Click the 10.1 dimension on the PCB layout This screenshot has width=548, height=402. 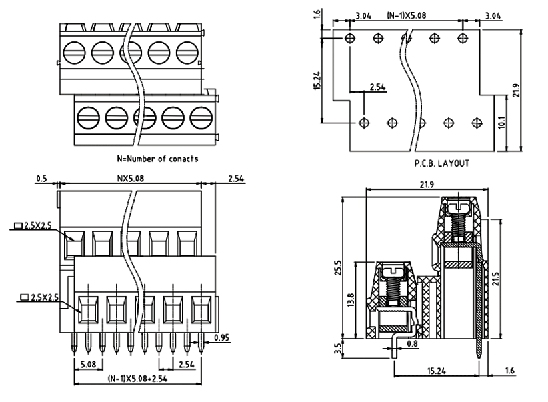tap(501, 123)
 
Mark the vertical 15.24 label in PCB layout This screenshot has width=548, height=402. tap(317, 80)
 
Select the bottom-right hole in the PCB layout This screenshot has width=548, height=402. tap(476, 123)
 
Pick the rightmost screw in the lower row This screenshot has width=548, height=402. tap(200, 118)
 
